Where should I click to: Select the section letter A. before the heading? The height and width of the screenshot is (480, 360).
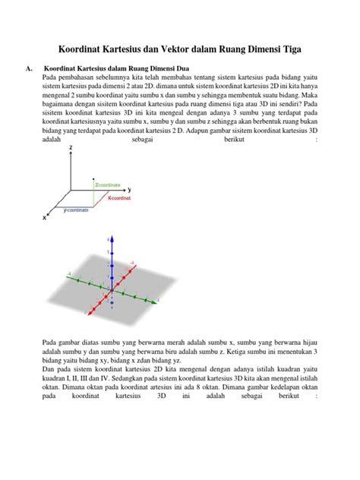click(x=30, y=68)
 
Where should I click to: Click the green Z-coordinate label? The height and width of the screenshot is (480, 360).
click(x=109, y=184)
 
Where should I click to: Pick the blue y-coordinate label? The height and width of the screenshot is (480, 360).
click(x=75, y=210)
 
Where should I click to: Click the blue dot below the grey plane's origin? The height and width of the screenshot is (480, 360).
click(x=112, y=302)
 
